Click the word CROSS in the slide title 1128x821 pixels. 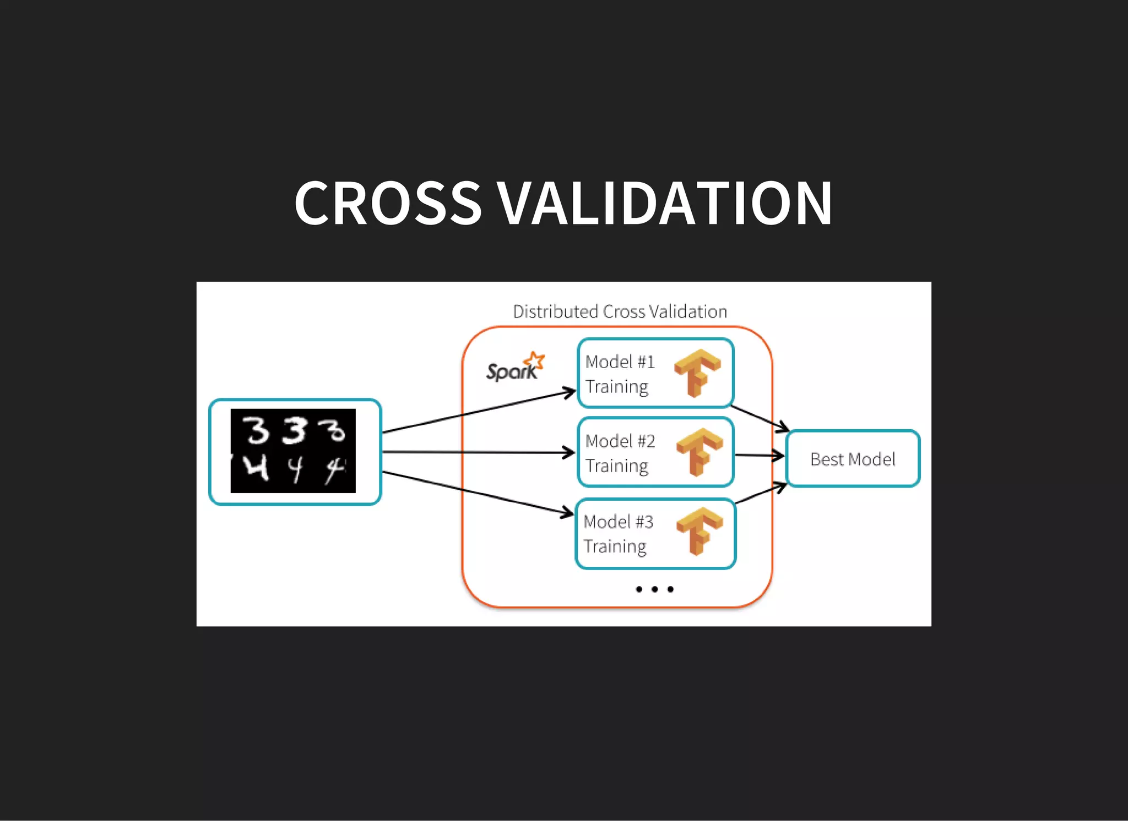pos(388,204)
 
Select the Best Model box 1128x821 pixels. pos(853,459)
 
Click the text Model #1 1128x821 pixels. pos(620,362)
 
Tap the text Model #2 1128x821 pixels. pos(620,441)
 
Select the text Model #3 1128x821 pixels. pos(619,522)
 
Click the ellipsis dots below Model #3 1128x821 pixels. pos(654,589)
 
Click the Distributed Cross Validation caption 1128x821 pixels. pos(620,312)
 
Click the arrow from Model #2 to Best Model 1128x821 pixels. pos(759,455)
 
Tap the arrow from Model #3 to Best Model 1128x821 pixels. pos(761,493)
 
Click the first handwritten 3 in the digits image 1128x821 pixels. pos(256,430)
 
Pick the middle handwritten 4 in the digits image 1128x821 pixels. pos(296,469)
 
